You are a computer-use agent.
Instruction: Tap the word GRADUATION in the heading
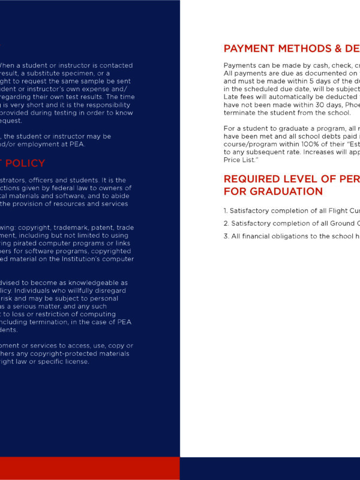[274, 191]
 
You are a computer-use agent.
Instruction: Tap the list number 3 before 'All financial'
[226, 236]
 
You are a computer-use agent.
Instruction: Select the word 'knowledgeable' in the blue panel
[104, 282]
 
